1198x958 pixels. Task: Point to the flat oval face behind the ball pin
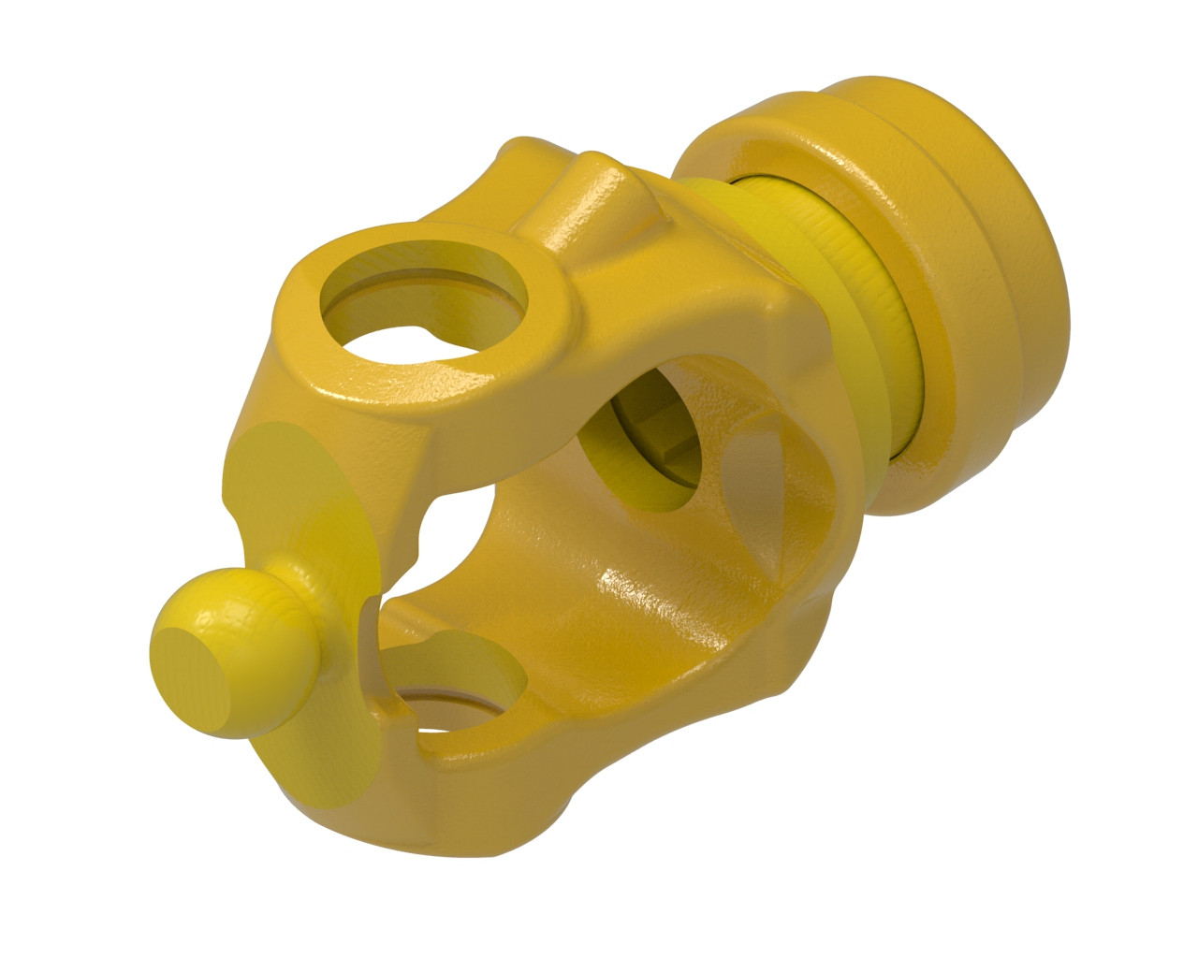[299, 486]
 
